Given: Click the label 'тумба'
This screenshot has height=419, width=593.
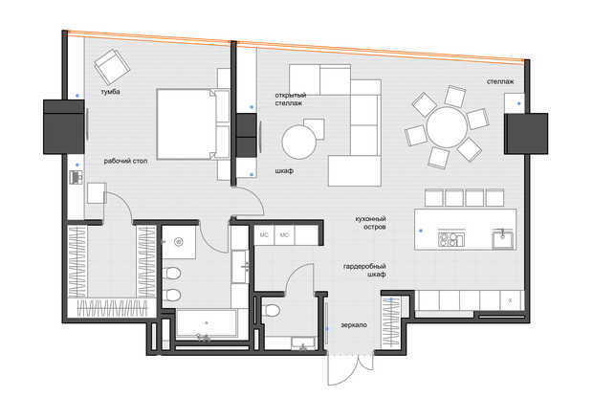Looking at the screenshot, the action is click(x=110, y=92).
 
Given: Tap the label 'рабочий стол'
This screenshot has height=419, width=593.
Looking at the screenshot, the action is click(x=125, y=162).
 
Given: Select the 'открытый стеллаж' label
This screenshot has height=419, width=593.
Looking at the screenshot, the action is click(x=291, y=99).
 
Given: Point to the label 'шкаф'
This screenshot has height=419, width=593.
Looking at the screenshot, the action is click(x=284, y=171).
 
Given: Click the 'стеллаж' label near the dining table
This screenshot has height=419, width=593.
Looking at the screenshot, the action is click(x=500, y=81).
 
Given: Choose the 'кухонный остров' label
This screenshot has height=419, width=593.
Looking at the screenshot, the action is click(x=371, y=223).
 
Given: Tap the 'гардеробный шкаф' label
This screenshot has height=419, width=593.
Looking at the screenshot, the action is click(x=364, y=270).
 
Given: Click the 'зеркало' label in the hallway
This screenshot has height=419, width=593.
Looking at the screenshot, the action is click(x=354, y=325).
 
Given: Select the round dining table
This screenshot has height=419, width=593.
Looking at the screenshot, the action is click(x=447, y=127).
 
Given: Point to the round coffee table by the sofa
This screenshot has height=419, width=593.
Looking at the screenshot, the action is click(x=299, y=143).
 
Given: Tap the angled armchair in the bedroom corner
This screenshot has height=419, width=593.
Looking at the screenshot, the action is click(x=112, y=67).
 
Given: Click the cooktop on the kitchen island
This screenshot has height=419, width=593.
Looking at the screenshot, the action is click(x=451, y=239).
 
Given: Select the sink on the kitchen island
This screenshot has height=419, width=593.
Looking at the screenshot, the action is click(x=502, y=239).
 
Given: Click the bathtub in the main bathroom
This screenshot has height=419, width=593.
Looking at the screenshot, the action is click(x=207, y=323).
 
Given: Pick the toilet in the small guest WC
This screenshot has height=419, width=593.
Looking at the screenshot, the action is click(x=272, y=311).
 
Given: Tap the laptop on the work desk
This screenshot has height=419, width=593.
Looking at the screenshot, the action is click(x=77, y=177).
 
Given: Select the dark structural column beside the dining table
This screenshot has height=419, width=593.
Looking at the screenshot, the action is click(x=526, y=134).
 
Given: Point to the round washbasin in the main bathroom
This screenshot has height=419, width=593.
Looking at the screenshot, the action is click(x=179, y=242).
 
